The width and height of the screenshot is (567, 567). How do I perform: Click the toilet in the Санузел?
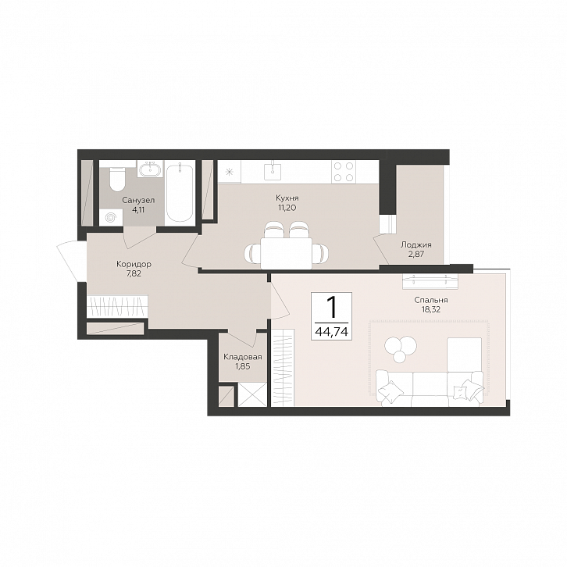click(117, 179)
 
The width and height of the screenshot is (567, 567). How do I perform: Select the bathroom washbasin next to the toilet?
click(150, 169)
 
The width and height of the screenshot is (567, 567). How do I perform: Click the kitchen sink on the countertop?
click(273, 170)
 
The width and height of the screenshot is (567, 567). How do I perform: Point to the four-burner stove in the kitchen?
click(343, 171)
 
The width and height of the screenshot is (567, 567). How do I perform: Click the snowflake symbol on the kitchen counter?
click(230, 172)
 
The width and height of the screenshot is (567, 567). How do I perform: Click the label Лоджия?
click(415, 244)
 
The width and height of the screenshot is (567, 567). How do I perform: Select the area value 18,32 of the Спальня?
click(430, 309)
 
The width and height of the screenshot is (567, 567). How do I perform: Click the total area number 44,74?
click(332, 332)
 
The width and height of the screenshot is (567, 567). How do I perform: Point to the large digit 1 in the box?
click(331, 308)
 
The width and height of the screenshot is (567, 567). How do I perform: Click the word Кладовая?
click(243, 357)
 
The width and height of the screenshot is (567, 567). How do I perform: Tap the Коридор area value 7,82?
click(134, 273)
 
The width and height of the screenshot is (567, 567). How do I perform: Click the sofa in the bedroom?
click(430, 387)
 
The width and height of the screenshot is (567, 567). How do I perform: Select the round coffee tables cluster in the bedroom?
click(401, 348)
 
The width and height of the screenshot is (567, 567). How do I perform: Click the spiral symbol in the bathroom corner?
click(111, 218)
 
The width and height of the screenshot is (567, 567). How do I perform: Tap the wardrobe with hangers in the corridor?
click(117, 306)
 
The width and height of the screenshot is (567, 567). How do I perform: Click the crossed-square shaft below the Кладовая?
click(252, 395)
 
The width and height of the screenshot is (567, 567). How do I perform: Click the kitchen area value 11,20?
click(287, 208)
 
